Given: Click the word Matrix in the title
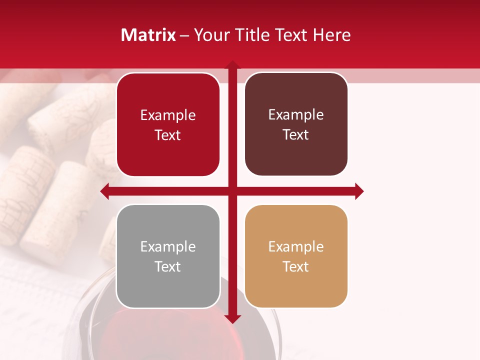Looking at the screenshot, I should click(x=148, y=35).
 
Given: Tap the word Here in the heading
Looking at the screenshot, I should click(x=331, y=35).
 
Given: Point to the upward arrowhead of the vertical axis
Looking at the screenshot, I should click(x=232, y=65).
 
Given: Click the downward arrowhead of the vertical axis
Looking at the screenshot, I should click(x=232, y=319).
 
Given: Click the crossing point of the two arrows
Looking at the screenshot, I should click(x=232, y=191).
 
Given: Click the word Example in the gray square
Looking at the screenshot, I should click(x=168, y=246).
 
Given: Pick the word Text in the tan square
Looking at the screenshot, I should click(x=296, y=266).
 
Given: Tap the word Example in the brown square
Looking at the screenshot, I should click(x=296, y=115).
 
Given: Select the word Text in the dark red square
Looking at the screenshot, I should click(x=168, y=135).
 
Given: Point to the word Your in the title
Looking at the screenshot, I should click(x=210, y=35).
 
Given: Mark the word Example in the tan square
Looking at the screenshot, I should click(x=296, y=246).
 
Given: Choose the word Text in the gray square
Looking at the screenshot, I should click(x=168, y=266).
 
